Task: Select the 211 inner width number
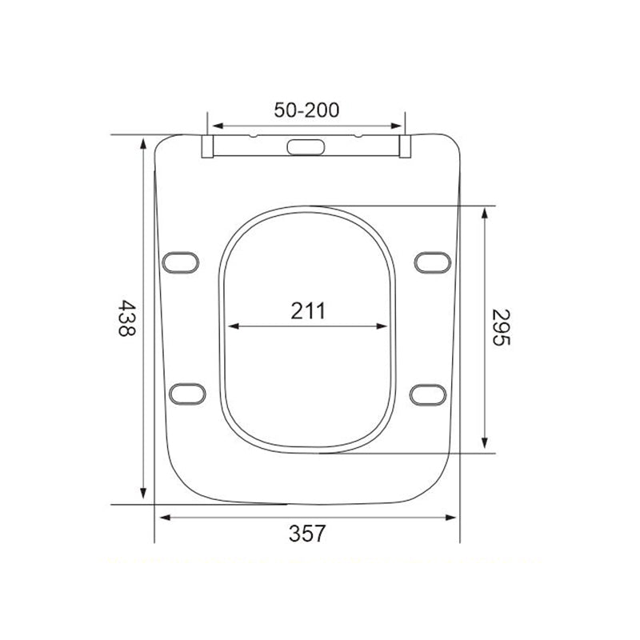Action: pos(309,310)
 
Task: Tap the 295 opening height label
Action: pos(501,327)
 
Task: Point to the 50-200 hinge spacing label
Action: pos(306,110)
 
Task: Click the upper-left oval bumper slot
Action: pos(181,262)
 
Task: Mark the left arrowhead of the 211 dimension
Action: pos(234,326)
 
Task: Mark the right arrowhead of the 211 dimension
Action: pos(386,326)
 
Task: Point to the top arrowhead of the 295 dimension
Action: pos(485,212)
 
